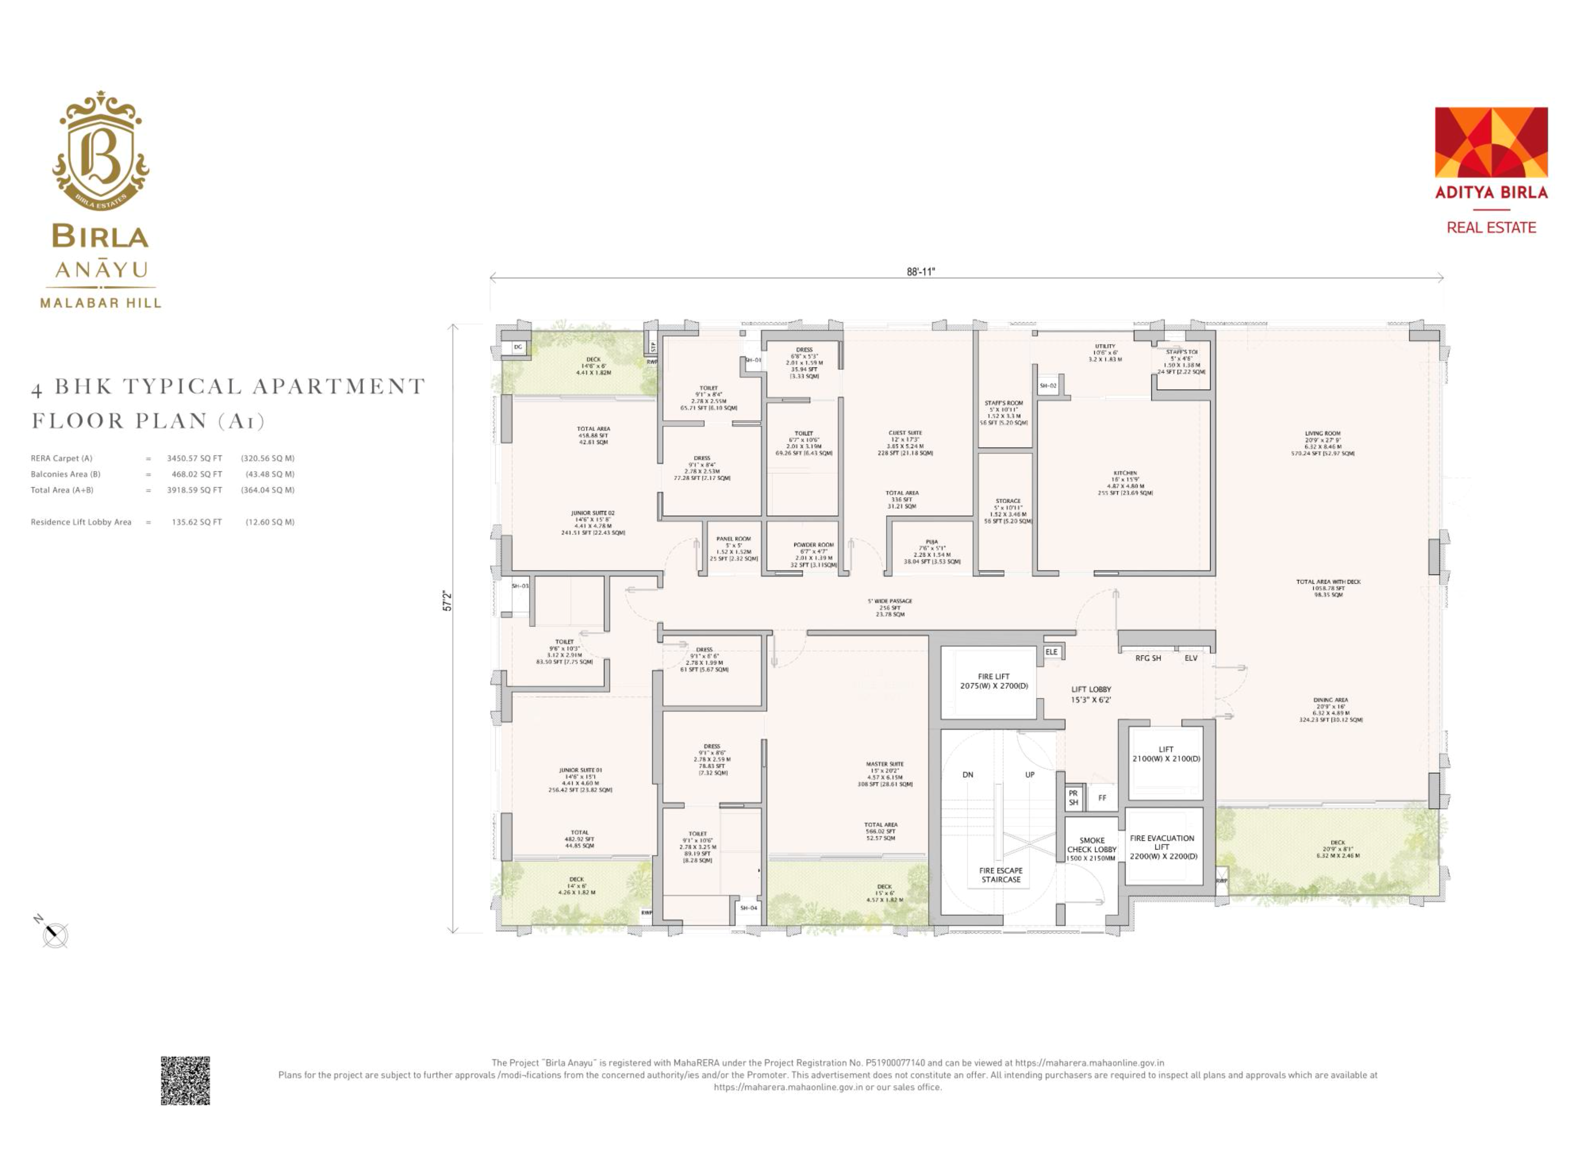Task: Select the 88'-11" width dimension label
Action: (x=920, y=271)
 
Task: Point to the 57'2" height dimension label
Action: (x=448, y=601)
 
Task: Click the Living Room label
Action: (x=1323, y=433)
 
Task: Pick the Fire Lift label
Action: (x=994, y=676)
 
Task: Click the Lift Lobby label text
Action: (x=1091, y=689)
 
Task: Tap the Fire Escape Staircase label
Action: (x=1001, y=875)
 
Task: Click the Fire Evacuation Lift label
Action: (x=1162, y=842)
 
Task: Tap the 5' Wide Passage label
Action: (x=890, y=601)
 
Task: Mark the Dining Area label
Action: (x=1330, y=700)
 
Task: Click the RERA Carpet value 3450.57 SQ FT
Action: (x=194, y=458)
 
